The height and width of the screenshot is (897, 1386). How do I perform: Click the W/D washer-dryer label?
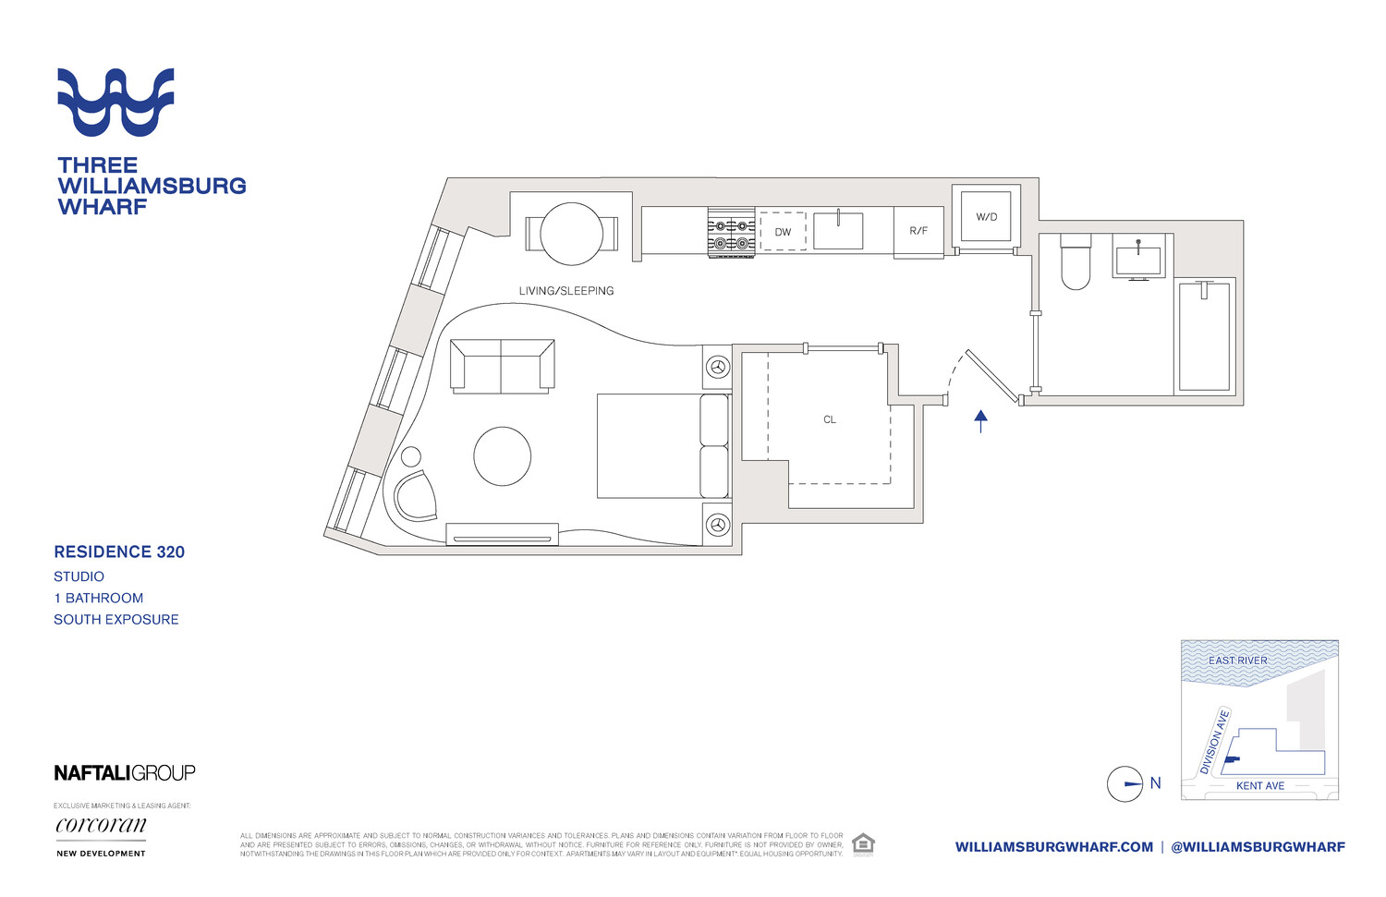tap(987, 217)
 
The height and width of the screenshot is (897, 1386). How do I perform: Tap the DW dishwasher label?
tap(783, 232)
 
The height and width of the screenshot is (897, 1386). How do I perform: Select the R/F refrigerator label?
tap(918, 231)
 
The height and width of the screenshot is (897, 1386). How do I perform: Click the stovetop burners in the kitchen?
tap(732, 233)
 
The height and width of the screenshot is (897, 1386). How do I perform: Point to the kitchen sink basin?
tap(838, 231)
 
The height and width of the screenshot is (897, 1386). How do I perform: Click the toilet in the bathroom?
tap(1076, 262)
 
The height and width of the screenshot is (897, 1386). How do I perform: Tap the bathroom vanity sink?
tap(1138, 259)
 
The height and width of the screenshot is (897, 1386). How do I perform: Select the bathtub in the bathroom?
tap(1204, 336)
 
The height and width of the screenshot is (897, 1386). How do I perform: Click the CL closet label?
tap(830, 419)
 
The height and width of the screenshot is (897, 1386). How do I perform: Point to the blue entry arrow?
tap(981, 421)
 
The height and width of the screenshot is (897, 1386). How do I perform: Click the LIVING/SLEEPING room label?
tap(566, 291)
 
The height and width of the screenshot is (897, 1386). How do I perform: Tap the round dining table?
tap(572, 234)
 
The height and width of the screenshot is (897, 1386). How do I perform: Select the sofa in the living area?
tap(502, 365)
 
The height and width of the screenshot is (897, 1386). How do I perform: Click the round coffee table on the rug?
tap(503, 455)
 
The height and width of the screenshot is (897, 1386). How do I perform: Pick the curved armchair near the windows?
tap(415, 496)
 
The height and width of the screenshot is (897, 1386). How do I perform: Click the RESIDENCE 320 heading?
tap(119, 552)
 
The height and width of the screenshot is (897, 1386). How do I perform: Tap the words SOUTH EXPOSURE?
tap(116, 620)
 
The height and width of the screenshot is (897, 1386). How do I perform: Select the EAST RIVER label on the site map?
tap(1238, 661)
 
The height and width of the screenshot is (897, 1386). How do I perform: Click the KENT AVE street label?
tap(1260, 786)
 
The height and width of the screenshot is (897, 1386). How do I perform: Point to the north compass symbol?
tap(1125, 784)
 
